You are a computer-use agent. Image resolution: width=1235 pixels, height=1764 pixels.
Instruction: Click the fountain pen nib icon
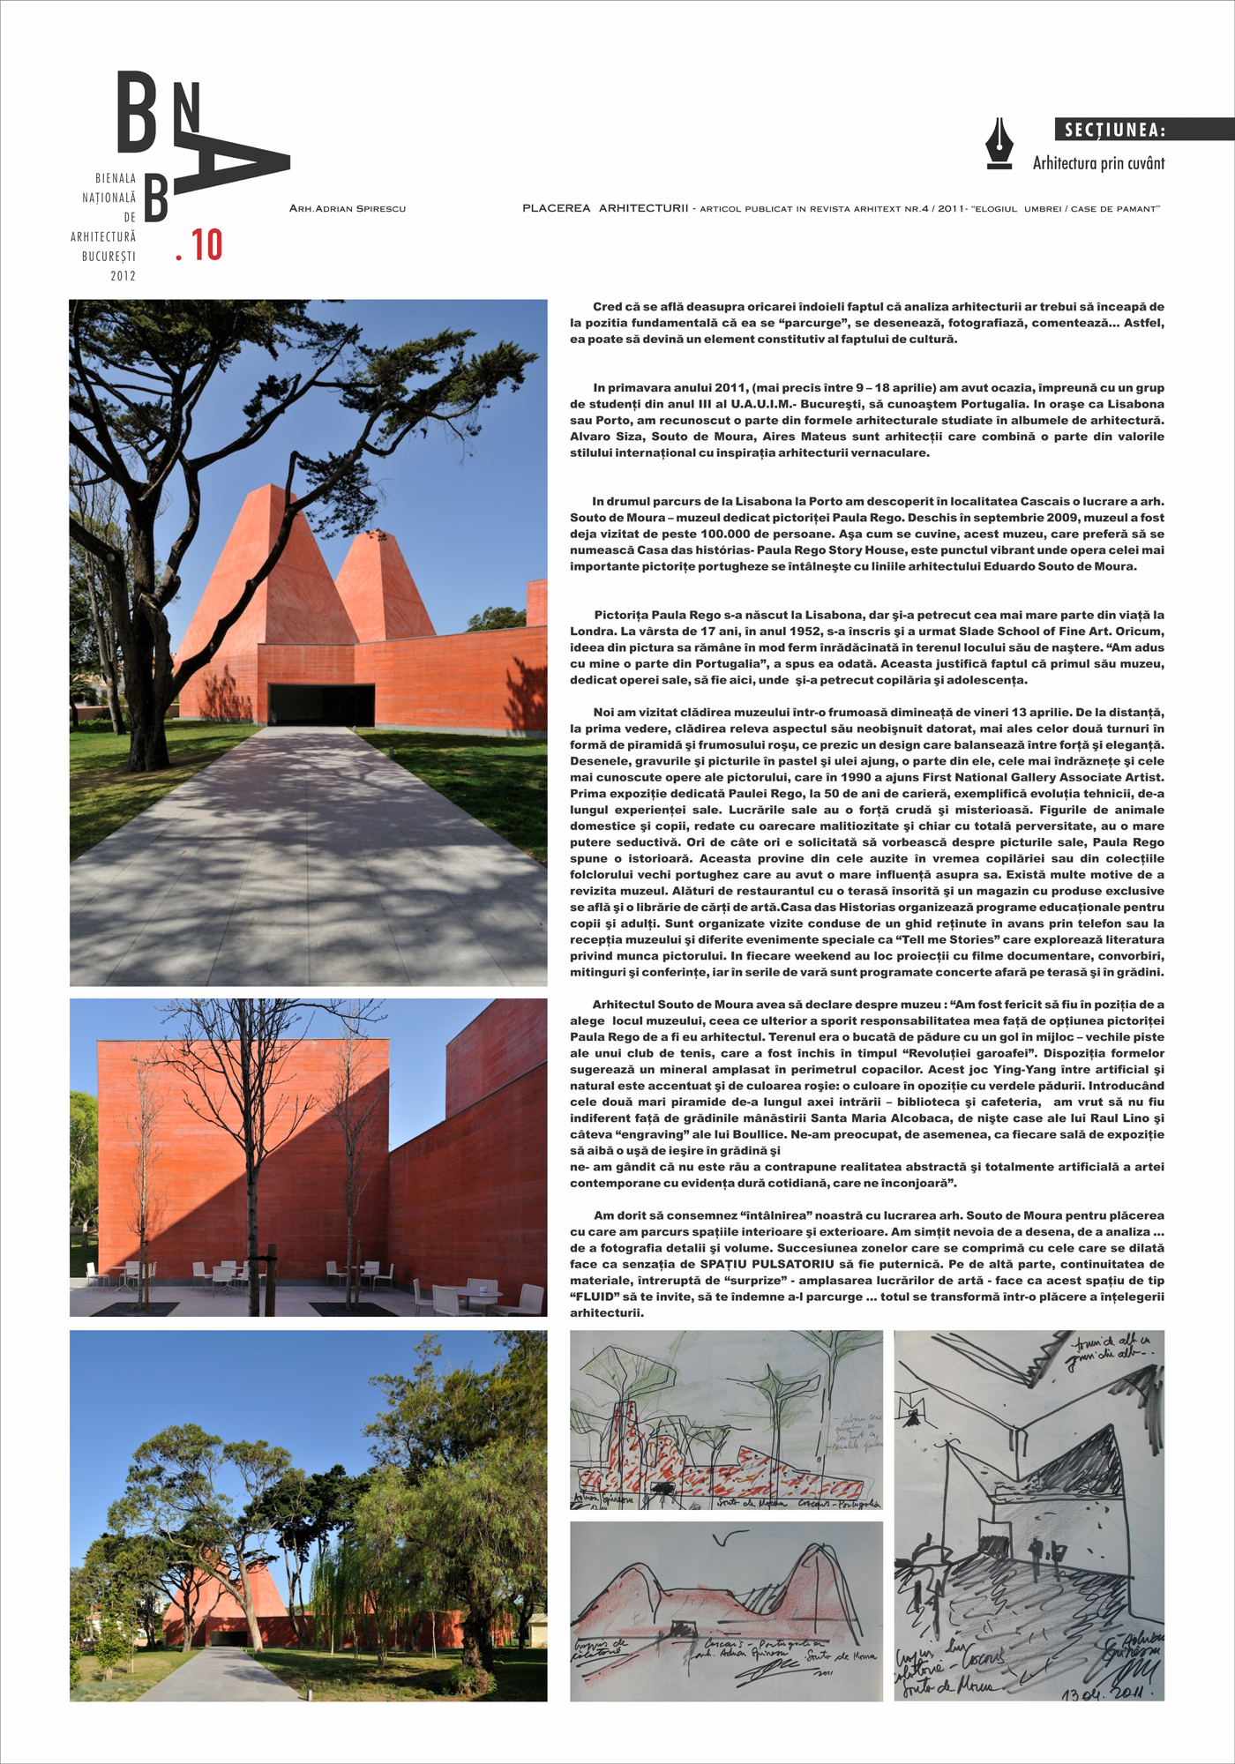pos(999,143)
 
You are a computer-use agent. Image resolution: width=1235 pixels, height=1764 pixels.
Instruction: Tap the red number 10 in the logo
pos(206,245)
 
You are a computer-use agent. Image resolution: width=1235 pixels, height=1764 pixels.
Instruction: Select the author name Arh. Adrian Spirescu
pos(348,209)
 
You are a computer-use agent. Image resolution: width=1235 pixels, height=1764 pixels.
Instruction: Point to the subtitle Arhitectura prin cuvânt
pos(1098,163)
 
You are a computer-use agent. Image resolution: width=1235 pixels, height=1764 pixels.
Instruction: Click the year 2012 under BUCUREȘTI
pos(123,276)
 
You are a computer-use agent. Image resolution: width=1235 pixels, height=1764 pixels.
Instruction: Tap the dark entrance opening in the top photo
pos(321,703)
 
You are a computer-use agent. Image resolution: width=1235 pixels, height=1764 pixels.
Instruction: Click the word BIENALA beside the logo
pos(116,178)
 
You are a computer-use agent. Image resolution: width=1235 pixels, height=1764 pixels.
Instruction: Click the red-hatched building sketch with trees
pos(725,1420)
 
